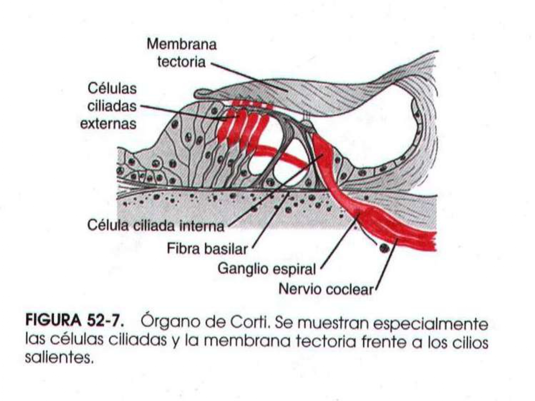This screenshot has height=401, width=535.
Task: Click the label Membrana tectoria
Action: click(182, 53)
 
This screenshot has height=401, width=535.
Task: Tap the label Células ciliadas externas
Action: click(108, 106)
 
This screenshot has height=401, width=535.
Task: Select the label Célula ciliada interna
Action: click(156, 225)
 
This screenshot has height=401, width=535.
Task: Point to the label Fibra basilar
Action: click(207, 248)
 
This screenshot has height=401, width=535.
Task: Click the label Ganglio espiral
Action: click(267, 269)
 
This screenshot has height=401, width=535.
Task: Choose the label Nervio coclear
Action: click(326, 289)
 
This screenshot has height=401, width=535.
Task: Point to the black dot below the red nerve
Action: click(384, 248)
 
